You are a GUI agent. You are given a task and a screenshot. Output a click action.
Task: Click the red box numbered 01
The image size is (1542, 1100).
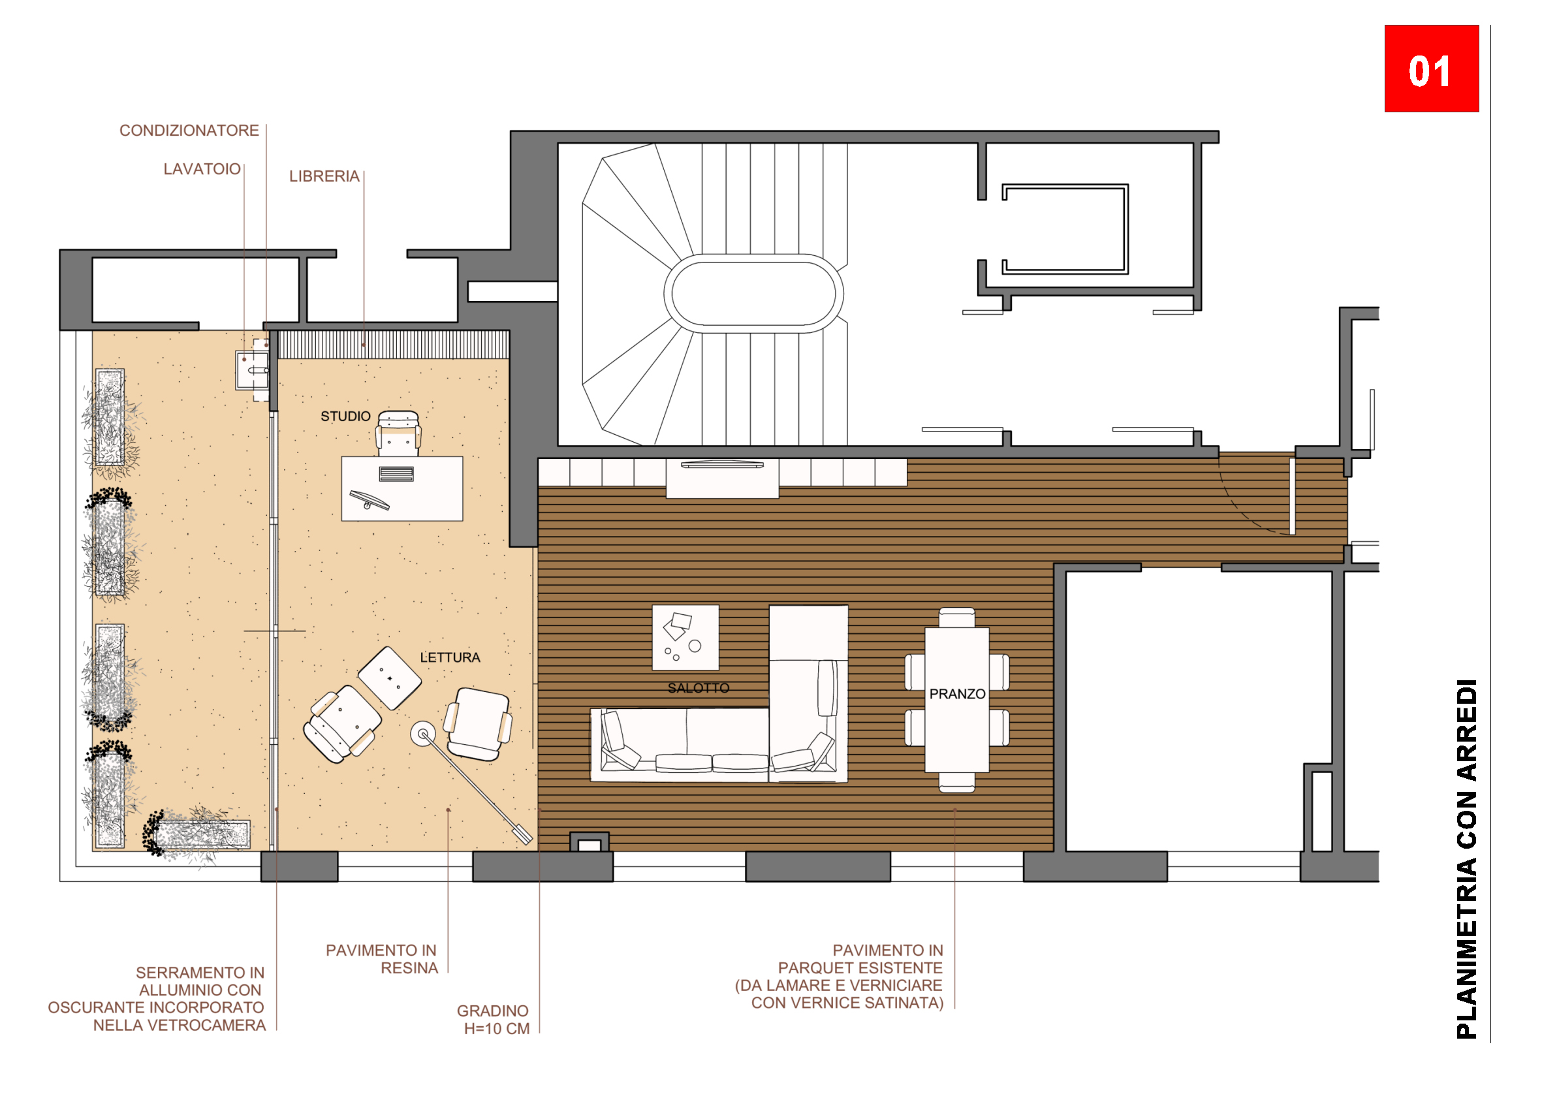tap(1431, 69)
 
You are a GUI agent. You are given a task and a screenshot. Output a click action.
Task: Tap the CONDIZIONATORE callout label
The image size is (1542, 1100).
tap(189, 130)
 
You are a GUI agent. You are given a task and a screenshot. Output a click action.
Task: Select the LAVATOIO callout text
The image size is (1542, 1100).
tap(202, 168)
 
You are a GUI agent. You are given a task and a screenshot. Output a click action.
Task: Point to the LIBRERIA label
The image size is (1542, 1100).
tap(324, 176)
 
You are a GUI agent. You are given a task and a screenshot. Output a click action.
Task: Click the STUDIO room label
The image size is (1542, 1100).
tap(345, 416)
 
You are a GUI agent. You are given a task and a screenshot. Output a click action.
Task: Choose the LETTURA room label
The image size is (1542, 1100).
tap(450, 657)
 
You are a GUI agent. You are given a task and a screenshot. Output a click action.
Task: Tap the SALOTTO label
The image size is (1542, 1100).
tap(698, 688)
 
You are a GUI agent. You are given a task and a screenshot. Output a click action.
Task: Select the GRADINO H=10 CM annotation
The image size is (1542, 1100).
tap(494, 1020)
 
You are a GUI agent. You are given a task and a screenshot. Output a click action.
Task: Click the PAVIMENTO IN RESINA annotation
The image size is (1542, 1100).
tap(382, 959)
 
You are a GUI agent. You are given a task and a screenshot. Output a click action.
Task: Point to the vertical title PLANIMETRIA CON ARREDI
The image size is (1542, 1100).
tap(1467, 859)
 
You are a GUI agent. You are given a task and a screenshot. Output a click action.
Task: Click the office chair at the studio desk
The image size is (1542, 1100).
tap(398, 433)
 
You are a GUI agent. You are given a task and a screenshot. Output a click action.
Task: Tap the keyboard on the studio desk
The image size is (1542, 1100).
tap(396, 473)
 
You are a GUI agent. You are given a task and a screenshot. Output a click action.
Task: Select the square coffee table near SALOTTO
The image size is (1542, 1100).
tap(685, 637)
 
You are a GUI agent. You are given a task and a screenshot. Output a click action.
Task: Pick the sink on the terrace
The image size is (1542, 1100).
tap(252, 370)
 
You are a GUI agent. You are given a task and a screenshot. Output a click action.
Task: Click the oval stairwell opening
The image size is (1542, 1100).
tap(754, 293)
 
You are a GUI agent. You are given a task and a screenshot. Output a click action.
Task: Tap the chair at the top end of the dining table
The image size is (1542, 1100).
tap(957, 618)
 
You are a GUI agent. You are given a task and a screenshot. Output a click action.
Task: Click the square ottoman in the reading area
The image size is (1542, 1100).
tap(389, 678)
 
